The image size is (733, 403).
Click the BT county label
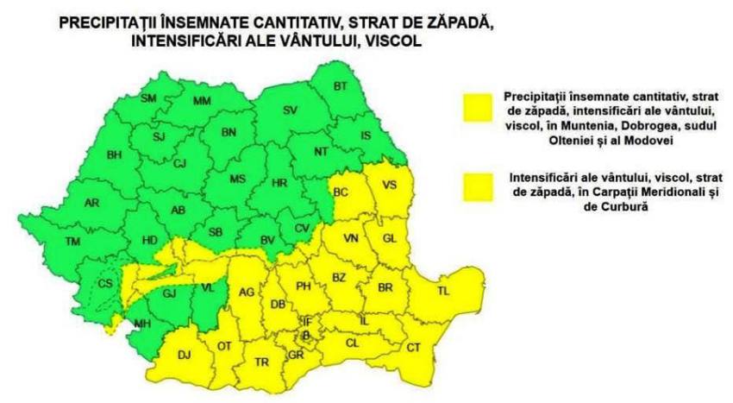point(341,85)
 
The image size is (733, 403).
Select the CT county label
point(413,347)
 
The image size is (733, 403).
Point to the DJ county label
point(184,354)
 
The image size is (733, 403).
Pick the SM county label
point(148,98)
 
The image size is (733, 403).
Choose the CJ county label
point(179,163)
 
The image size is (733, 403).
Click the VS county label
point(392,184)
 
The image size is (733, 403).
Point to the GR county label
point(296,356)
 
